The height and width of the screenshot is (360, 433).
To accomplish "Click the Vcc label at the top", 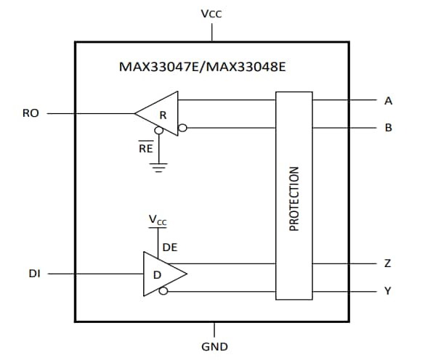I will tap(211, 14).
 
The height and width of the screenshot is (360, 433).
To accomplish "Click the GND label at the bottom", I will tap(214, 346).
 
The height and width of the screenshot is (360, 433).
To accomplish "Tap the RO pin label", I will tap(31, 113).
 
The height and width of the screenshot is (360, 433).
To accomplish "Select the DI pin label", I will tap(33, 274).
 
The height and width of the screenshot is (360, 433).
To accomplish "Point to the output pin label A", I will tap(389, 100).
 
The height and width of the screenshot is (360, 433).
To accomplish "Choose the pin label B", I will tap(389, 128).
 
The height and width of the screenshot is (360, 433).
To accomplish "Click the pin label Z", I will tap(388, 263).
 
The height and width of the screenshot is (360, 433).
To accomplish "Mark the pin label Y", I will tap(388, 291).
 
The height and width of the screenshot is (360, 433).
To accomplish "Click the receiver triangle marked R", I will tap(161, 113).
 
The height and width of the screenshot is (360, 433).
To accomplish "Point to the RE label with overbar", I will tap(145, 149).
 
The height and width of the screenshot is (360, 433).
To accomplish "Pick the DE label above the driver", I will tap(170, 247).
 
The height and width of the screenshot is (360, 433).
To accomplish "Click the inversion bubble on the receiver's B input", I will tap(183, 128).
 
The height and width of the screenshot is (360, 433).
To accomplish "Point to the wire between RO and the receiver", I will tap(91, 113).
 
